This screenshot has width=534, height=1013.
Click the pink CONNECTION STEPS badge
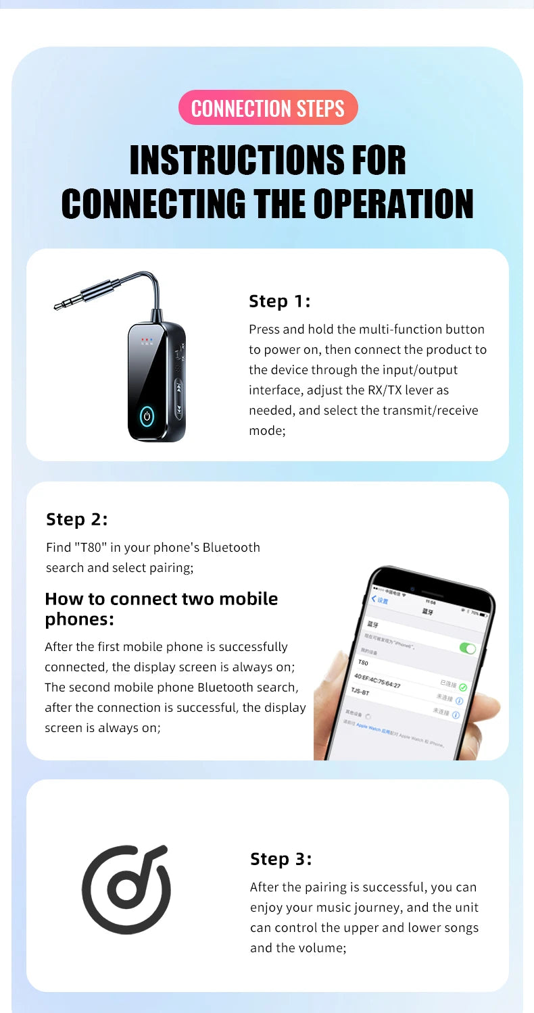click(268, 108)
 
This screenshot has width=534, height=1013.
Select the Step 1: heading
click(280, 301)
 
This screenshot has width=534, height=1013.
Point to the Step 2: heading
click(77, 519)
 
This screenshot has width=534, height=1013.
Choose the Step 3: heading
click(281, 859)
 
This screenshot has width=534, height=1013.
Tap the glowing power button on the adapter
click(147, 417)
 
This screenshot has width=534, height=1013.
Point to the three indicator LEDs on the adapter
click(147, 340)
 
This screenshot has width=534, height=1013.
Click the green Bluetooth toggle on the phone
click(467, 648)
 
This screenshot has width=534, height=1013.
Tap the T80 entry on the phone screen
click(364, 663)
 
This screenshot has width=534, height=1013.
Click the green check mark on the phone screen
click(463, 687)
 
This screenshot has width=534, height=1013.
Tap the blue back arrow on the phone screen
click(374, 598)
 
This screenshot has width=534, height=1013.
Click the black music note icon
click(126, 889)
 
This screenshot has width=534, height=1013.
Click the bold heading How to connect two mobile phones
click(161, 608)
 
